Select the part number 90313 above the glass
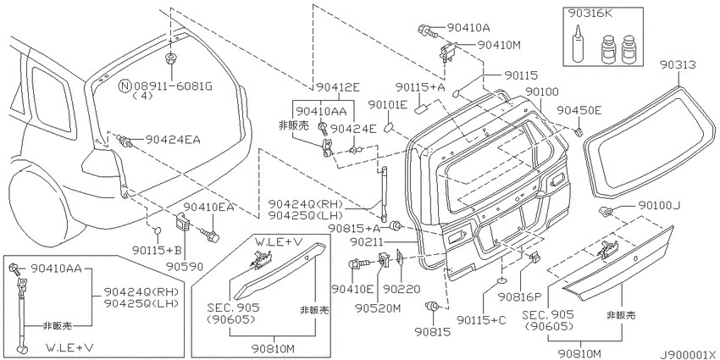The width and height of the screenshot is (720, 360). coord(678,66)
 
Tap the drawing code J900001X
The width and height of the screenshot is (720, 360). coord(689,354)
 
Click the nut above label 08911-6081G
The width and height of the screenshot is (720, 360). coord(171,58)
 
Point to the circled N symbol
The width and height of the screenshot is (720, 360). coord(125,86)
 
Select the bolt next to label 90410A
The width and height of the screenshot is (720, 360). coord(426,31)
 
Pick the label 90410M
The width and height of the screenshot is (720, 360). coord(499,45)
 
